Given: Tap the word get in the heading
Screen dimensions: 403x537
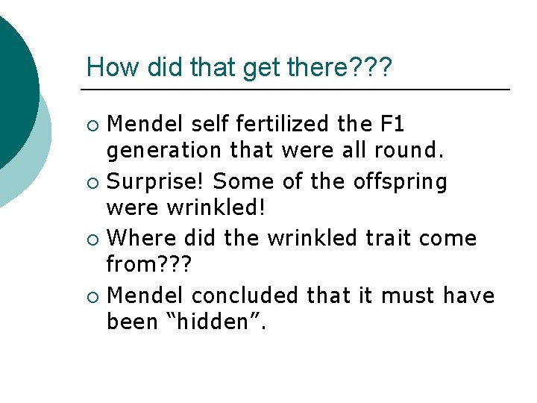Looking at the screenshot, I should coord(259,67).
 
